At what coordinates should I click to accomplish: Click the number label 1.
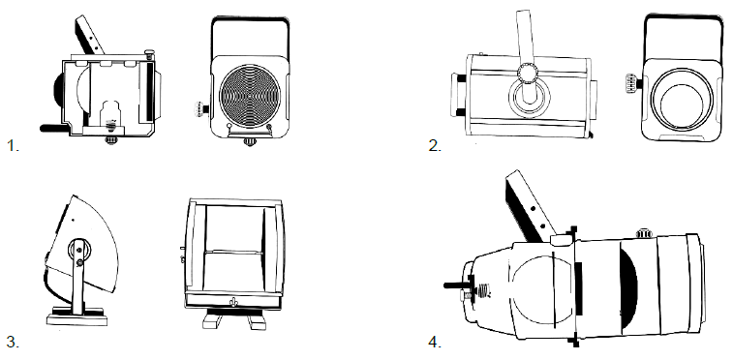pos(13,146)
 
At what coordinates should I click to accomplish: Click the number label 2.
pos(435,146)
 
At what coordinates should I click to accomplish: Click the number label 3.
pos(13,342)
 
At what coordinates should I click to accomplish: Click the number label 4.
pos(435,342)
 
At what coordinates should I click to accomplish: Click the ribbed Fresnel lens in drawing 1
pos(250,96)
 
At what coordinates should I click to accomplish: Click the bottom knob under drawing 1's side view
pos(110,139)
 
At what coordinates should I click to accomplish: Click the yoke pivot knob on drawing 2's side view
pos(529,73)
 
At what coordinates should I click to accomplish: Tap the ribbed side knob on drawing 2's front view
pos(632,84)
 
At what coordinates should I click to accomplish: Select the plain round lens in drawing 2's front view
pos(682,100)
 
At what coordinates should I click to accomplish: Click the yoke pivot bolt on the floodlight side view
pos(80,264)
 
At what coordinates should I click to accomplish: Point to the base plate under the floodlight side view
pos(77,320)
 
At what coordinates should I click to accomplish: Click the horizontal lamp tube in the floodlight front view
pos(234,253)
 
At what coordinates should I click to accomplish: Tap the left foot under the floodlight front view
pos(213,321)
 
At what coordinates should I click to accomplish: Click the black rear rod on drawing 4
pos(457,285)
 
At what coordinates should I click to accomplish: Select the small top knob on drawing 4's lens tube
pos(644,232)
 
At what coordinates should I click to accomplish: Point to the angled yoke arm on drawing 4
pos(531,206)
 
